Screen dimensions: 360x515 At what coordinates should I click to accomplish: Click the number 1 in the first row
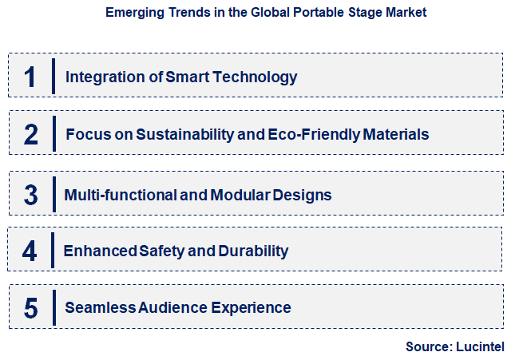[x=30, y=77]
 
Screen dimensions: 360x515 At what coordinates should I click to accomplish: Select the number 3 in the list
[x=30, y=195]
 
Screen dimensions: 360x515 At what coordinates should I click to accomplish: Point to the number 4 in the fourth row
[x=30, y=251]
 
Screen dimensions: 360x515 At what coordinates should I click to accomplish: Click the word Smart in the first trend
[x=187, y=77]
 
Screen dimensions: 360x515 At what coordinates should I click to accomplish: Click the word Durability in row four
[x=254, y=251]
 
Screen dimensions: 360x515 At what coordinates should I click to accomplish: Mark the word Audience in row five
[x=173, y=307]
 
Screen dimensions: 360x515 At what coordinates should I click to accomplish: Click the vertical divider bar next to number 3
[x=53, y=194]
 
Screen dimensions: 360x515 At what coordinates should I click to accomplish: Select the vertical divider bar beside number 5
[x=53, y=307]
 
